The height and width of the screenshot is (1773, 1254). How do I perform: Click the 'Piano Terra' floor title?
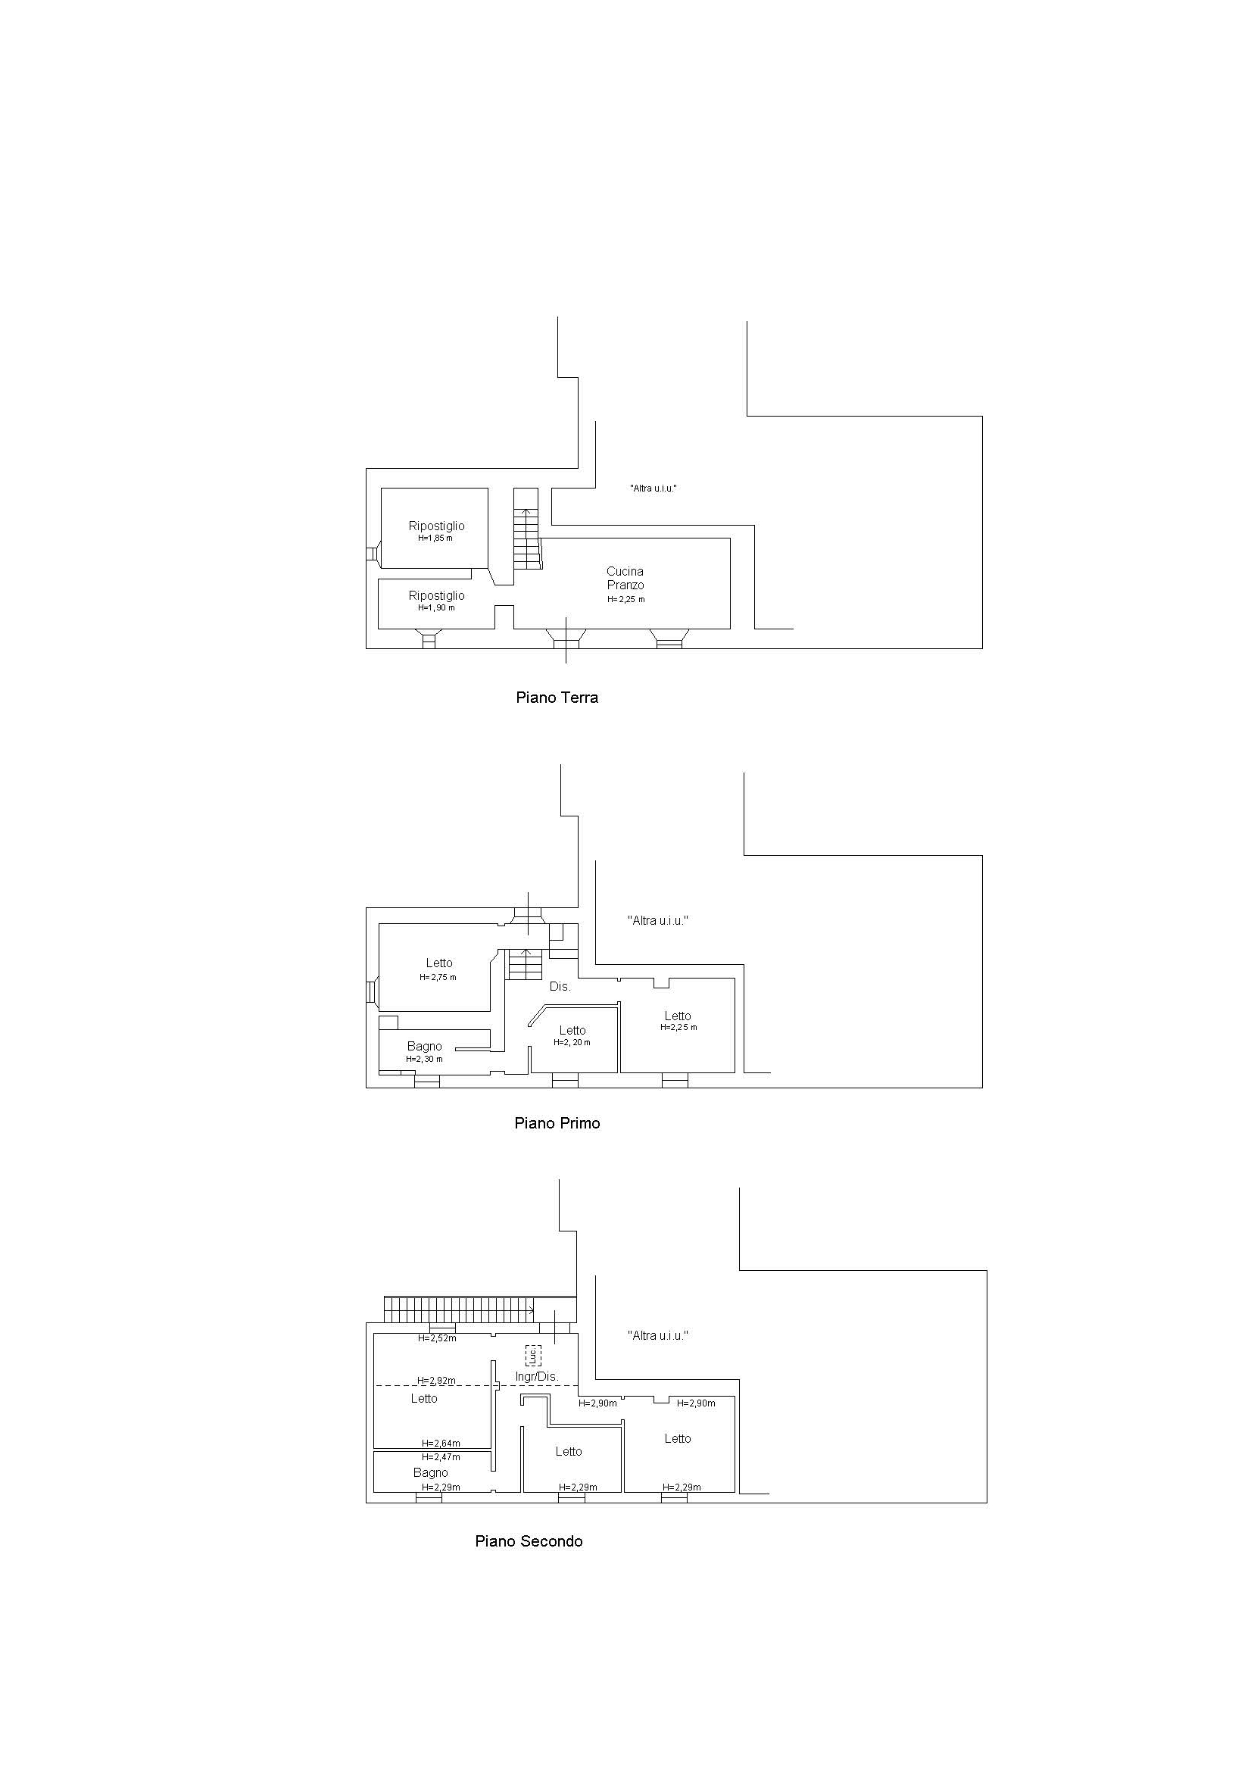pyautogui.click(x=557, y=698)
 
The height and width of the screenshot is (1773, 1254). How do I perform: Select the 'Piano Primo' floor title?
pyautogui.click(x=557, y=1122)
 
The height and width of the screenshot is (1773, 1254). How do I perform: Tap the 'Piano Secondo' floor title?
pyautogui.click(x=528, y=1541)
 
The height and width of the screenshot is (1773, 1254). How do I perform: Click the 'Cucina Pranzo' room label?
pyautogui.click(x=625, y=578)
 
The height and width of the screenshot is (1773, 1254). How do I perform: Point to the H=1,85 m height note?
pyautogui.click(x=435, y=538)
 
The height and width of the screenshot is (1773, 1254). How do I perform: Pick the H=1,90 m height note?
pyautogui.click(x=436, y=607)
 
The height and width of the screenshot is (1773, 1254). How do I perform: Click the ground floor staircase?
pyautogui.click(x=526, y=529)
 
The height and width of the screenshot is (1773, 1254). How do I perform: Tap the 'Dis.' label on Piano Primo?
pyautogui.click(x=560, y=987)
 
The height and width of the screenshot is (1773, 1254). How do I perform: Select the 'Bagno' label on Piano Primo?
pyautogui.click(x=425, y=1047)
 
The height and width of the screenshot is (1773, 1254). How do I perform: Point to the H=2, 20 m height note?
pyautogui.click(x=572, y=1042)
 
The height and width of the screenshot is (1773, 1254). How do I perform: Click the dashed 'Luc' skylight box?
pyautogui.click(x=533, y=1355)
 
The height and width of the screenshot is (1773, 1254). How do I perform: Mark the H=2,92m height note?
pyautogui.click(x=436, y=1380)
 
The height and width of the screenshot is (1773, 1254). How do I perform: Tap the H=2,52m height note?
pyautogui.click(x=437, y=1338)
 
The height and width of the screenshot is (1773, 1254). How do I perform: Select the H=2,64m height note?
pyautogui.click(x=441, y=1443)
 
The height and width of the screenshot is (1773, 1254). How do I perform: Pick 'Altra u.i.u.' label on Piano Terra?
pyautogui.click(x=654, y=488)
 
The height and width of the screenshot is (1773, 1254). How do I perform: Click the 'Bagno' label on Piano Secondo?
pyautogui.click(x=430, y=1472)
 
